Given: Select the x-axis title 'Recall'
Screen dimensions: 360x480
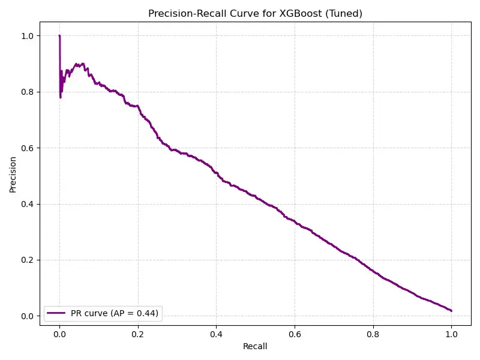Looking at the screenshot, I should tap(255, 346).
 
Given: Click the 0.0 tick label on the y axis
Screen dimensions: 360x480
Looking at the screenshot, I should tap(28, 316).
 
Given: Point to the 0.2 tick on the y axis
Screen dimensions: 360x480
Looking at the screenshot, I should tap(28, 260).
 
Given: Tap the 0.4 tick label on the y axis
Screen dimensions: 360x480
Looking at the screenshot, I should tap(28, 204).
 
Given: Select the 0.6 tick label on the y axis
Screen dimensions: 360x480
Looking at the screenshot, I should tap(28, 148).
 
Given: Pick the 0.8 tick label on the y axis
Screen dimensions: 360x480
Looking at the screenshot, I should tap(28, 92).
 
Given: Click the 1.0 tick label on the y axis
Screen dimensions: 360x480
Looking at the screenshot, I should tap(28, 36).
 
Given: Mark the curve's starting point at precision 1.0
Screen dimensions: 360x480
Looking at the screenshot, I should tap(59, 36).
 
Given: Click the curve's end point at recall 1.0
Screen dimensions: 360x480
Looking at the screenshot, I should tap(451, 311).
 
